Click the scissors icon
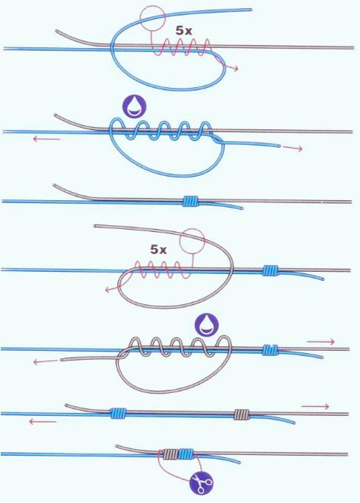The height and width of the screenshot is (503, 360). pyautogui.click(x=201, y=482)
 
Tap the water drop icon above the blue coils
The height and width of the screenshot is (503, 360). pyautogui.click(x=134, y=106)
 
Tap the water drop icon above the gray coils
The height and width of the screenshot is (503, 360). pyautogui.click(x=207, y=325)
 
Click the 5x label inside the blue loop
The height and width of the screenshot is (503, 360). pyautogui.click(x=183, y=30)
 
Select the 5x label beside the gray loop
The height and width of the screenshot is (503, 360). pyautogui.click(x=159, y=250)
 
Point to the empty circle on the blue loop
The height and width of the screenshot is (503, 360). pyautogui.click(x=152, y=18)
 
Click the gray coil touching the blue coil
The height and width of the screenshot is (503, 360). pyautogui.click(x=170, y=454)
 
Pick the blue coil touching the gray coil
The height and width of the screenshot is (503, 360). pyautogui.click(x=186, y=454)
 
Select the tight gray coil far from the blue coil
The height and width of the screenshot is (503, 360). pyautogui.click(x=242, y=414)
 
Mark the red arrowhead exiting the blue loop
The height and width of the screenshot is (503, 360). pyautogui.click(x=237, y=69)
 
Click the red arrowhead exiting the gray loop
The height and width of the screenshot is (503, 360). pyautogui.click(x=108, y=290)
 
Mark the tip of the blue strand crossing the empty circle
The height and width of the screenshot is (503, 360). pyautogui.click(x=251, y=10)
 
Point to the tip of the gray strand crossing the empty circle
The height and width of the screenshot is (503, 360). pyautogui.click(x=95, y=226)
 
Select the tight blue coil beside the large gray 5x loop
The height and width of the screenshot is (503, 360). pyautogui.click(x=270, y=270)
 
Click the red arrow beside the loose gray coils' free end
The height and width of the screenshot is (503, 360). pyautogui.click(x=46, y=362)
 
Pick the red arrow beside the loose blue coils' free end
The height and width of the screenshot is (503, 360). pyautogui.click(x=292, y=148)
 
